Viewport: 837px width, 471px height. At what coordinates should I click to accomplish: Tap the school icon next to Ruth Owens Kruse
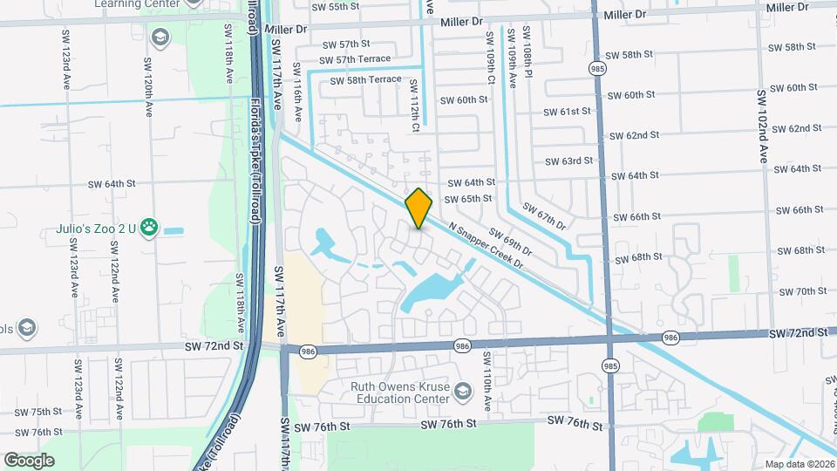(462, 389)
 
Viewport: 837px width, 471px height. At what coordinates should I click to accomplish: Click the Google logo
(30, 461)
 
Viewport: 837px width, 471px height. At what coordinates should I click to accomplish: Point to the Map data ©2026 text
(800, 464)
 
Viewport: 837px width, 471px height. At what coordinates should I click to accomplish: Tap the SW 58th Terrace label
(365, 80)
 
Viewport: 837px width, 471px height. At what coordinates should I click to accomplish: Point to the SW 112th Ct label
(415, 106)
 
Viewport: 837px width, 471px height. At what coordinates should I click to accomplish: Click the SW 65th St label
(468, 199)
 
